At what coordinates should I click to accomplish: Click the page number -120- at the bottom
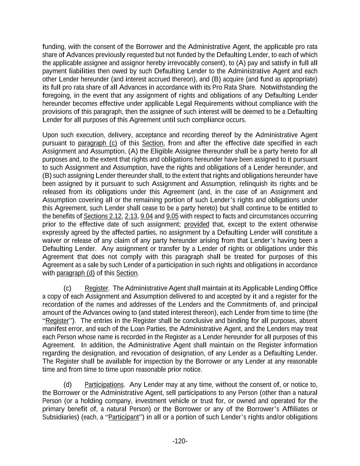click(x=180, y=441)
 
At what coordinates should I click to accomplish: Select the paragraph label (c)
click(x=67, y=288)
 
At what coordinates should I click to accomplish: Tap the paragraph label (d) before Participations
click(x=67, y=385)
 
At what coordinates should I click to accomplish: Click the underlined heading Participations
click(x=104, y=385)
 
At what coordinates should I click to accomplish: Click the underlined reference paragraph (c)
click(x=97, y=143)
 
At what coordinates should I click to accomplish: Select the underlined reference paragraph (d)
click(x=75, y=273)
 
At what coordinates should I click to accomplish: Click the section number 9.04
click(x=147, y=216)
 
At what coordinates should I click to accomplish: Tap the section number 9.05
click(x=172, y=216)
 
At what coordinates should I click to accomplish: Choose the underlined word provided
click(x=197, y=225)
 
